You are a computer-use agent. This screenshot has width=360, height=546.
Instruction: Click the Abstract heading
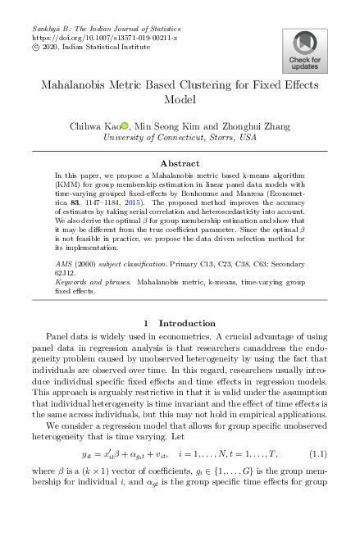(x=180, y=163)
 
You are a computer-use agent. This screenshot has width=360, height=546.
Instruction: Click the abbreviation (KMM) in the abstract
(x=67, y=182)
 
